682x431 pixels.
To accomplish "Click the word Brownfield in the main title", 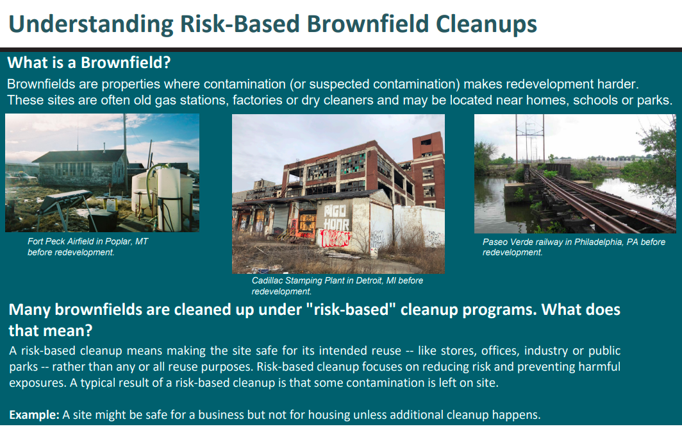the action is click(x=367, y=24).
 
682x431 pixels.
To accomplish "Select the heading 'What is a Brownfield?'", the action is click(x=88, y=63).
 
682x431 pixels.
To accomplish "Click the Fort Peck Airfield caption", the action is click(x=88, y=247).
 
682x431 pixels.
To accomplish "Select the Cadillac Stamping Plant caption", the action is click(x=338, y=286).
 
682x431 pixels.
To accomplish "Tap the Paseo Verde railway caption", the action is click(x=574, y=248).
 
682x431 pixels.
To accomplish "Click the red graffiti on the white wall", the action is click(x=335, y=239).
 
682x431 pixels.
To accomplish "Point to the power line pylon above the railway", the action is click(x=529, y=139).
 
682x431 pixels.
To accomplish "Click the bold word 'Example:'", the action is click(x=35, y=415).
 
